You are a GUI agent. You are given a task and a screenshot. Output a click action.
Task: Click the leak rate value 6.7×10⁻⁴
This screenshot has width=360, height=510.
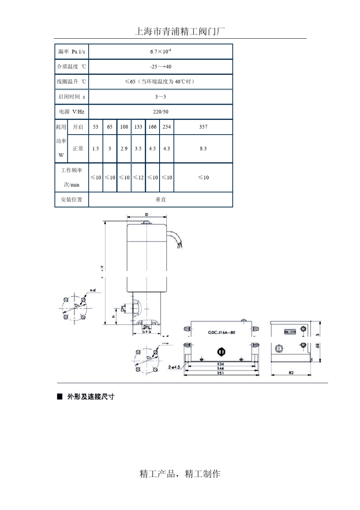tap(161, 52)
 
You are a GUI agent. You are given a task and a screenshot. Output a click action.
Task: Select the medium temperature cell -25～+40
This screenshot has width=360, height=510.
tap(161, 67)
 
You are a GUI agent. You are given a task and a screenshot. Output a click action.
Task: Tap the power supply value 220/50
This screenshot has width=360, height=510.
tap(161, 112)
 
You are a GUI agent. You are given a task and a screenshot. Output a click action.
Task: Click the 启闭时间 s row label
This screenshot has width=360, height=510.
tap(72, 97)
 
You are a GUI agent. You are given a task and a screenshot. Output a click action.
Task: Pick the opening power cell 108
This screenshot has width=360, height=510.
tap(124, 127)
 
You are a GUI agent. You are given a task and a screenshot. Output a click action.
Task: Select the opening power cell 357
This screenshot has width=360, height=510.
tap(203, 127)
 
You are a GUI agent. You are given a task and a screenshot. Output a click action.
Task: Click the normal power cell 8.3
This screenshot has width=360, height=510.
tap(203, 149)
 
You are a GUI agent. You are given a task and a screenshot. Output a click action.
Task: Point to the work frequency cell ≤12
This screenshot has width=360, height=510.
tap(138, 177)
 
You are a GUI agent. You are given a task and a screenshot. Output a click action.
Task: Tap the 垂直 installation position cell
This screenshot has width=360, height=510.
tap(161, 199)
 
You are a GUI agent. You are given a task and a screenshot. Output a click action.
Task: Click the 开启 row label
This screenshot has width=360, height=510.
tap(78, 127)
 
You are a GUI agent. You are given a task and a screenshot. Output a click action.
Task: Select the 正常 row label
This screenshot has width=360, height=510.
tap(78, 149)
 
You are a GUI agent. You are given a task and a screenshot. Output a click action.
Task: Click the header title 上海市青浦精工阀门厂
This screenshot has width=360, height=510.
tap(180, 31)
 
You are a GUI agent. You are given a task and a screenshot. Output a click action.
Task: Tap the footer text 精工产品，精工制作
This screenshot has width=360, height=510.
tap(180, 474)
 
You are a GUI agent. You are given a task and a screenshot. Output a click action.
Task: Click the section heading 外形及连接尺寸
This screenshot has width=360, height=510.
tap(91, 397)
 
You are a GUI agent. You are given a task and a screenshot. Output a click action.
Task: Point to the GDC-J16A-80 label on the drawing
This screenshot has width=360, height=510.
tap(222, 333)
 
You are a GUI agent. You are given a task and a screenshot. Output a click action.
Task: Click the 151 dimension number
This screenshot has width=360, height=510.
tap(221, 373)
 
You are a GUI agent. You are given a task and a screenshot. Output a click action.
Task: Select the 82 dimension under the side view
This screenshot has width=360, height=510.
tap(291, 373)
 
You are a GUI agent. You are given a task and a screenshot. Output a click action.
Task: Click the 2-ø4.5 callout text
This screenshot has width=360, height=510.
tap(175, 367)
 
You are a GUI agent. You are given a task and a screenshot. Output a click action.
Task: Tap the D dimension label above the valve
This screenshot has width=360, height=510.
tap(147, 215)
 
